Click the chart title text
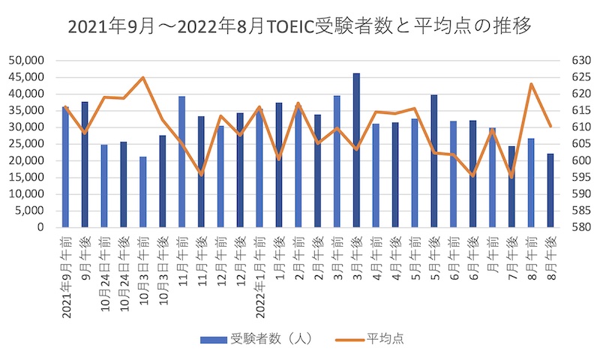[x=300, y=27]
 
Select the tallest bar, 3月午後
[x=357, y=150]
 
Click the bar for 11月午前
[x=182, y=162]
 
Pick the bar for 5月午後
[x=434, y=161]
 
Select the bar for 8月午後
[x=550, y=190]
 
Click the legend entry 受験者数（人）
[x=255, y=339]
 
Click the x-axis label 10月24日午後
[x=124, y=273]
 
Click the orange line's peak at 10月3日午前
[x=143, y=77]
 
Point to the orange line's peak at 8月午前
[x=531, y=84]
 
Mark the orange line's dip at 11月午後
[x=201, y=174]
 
